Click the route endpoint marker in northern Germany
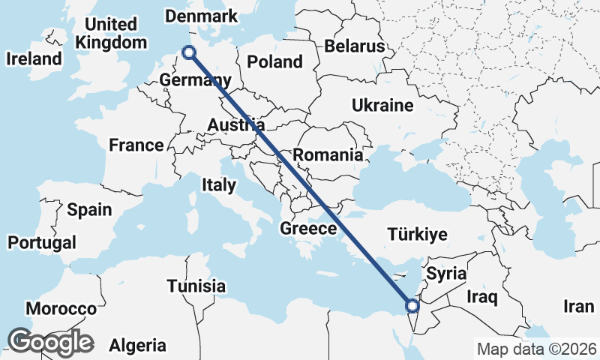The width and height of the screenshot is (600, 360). click(189, 52)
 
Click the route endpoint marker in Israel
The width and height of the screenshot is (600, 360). click(412, 305)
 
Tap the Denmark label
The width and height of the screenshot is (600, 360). click(200, 16)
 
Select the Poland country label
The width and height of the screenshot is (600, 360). click(274, 62)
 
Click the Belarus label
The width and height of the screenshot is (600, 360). click(354, 46)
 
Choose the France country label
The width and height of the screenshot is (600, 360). click(136, 145)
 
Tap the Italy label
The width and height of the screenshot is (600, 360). click(219, 184)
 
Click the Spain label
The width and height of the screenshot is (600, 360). click(88, 210)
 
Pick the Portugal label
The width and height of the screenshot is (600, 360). click(42, 243)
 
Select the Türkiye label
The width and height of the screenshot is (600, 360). click(417, 235)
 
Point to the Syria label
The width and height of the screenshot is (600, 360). click(446, 274)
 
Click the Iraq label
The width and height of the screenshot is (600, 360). click(481, 298)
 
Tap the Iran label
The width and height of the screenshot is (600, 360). click(578, 306)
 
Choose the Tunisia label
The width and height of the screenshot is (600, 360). click(196, 286)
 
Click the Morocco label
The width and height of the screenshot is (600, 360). click(61, 309)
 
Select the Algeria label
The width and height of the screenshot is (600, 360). click(137, 346)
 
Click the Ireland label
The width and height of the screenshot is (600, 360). click(33, 58)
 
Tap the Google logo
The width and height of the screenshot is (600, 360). click(50, 342)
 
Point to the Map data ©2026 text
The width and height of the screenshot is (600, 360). click(537, 349)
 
